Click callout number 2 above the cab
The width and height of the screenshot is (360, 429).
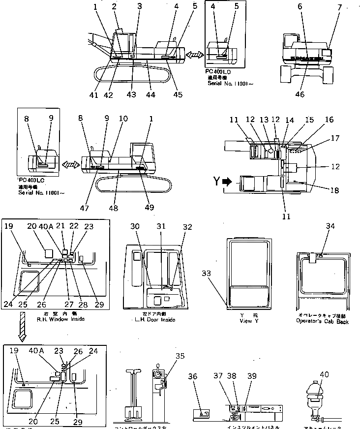pos(114,6)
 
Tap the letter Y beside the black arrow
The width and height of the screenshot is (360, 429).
pos(216,182)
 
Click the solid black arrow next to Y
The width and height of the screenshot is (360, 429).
pos(227,182)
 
